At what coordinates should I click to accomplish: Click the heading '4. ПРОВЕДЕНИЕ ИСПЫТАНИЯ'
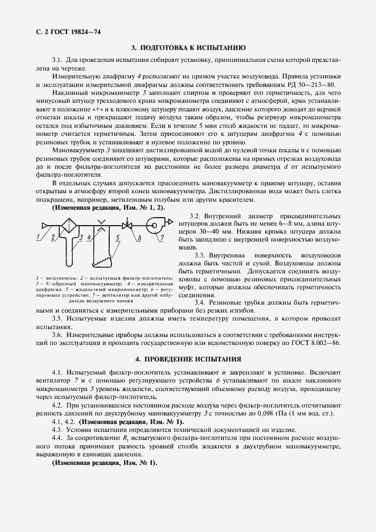[188, 360]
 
